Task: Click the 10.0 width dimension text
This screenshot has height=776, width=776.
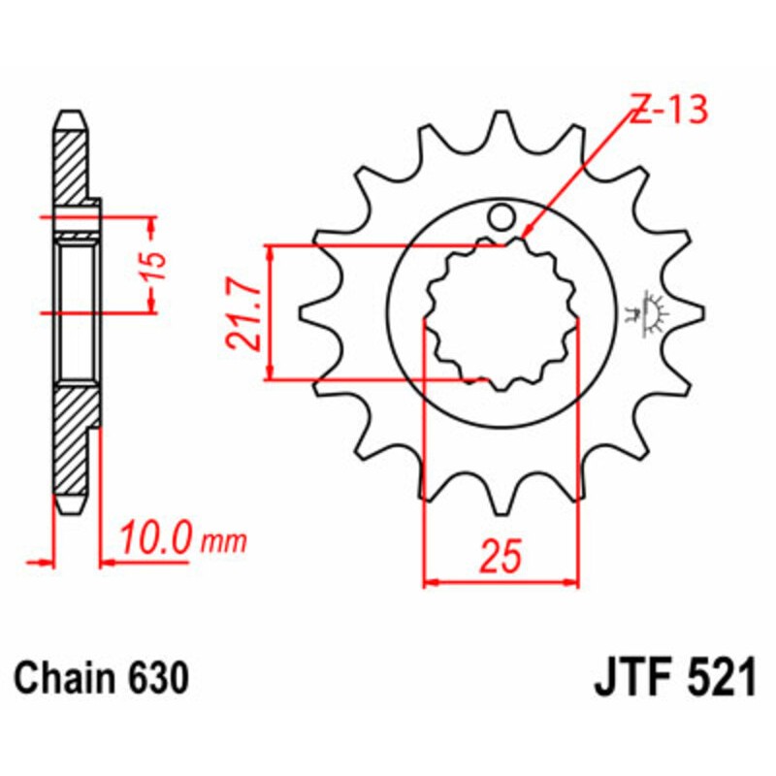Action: [x=155, y=536]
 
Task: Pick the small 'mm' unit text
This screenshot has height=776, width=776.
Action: [x=224, y=539]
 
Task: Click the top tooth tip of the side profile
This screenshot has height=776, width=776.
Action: [x=71, y=117]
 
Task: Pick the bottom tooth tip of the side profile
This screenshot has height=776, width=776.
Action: [x=71, y=505]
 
